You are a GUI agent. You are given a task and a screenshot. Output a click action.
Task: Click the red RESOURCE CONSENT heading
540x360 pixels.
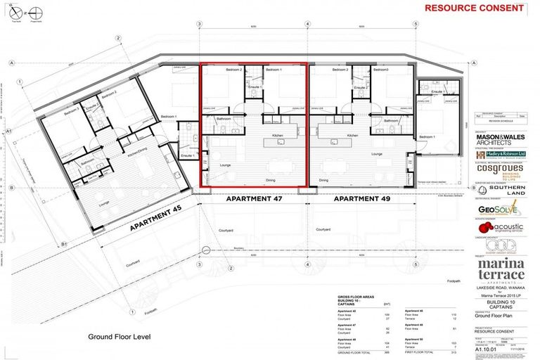point(474,8)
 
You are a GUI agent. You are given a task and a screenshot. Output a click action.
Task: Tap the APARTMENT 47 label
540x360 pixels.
point(253,199)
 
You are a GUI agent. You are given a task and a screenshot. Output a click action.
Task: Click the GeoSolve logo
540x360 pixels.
point(498,208)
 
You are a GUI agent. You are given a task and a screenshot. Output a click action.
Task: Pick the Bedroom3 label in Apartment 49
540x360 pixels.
point(380,70)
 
